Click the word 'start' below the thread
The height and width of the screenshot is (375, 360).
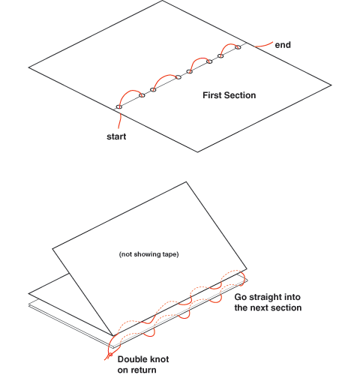(x=116, y=136)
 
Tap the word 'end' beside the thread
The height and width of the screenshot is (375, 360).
(x=283, y=45)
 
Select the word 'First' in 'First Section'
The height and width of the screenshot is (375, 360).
(x=212, y=95)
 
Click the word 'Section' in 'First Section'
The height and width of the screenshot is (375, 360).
(x=240, y=95)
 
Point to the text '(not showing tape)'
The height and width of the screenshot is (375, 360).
(x=149, y=254)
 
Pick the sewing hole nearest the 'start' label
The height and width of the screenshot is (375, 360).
(x=119, y=107)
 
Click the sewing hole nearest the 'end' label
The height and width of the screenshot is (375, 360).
(x=238, y=47)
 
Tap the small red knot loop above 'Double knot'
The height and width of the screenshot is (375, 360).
(x=109, y=355)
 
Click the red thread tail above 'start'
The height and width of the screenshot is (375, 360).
(x=120, y=120)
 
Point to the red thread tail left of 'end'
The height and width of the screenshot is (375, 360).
(x=263, y=45)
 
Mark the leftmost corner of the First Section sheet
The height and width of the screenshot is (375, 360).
(x=28, y=67)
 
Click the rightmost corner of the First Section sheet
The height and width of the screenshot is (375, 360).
(x=331, y=85)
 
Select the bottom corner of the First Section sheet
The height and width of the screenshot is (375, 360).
(x=197, y=151)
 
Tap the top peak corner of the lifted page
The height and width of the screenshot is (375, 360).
(x=186, y=182)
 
